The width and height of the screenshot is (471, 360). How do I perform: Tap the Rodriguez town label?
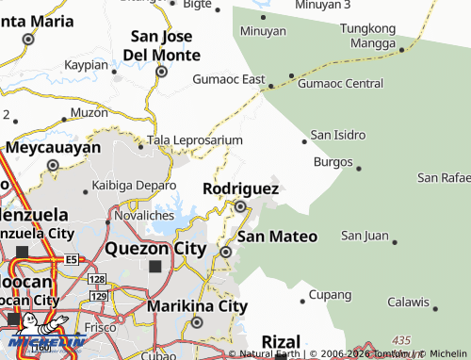pos(240,188)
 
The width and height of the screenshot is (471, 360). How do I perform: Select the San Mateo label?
pos(276,236)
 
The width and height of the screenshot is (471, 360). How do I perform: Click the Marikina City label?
pos(197,305)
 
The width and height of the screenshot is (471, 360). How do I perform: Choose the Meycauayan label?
pos(53,148)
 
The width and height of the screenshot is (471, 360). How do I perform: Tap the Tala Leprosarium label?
pos(188,139)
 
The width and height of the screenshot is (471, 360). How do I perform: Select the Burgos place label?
pos(331,161)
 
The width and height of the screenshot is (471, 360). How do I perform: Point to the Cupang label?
pos(330,295)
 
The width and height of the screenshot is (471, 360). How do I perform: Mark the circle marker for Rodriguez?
pos(240,206)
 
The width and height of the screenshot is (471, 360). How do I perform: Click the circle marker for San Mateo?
pos(226,252)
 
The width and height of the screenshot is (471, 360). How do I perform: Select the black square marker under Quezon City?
pos(154,267)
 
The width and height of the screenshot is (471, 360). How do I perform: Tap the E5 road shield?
pos(73,258)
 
